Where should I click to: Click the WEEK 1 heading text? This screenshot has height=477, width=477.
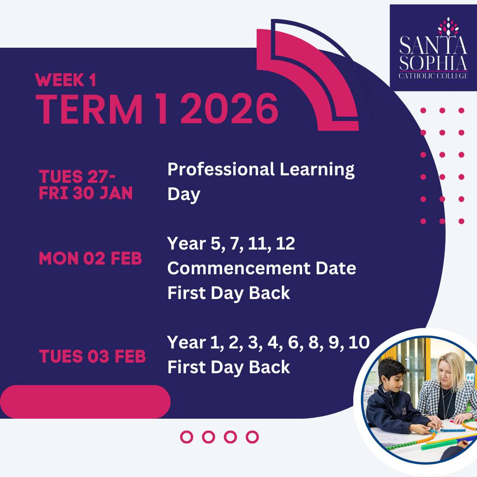pyautogui.click(x=66, y=80)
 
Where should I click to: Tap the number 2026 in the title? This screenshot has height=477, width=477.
pyautogui.click(x=229, y=109)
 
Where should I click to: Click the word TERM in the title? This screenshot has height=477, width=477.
pyautogui.click(x=89, y=109)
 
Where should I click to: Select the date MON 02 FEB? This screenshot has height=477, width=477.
pyautogui.click(x=91, y=258)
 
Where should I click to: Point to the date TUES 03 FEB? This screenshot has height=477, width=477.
pyautogui.click(x=92, y=356)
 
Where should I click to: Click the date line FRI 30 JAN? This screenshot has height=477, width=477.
pyautogui.click(x=86, y=193)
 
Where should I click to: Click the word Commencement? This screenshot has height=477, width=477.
pyautogui.click(x=238, y=268)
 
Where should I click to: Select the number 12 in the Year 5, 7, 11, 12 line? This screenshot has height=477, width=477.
pyautogui.click(x=285, y=243)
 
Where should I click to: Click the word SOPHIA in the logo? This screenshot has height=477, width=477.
pyautogui.click(x=433, y=63)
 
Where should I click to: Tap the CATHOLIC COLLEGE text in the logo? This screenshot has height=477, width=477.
pyautogui.click(x=433, y=76)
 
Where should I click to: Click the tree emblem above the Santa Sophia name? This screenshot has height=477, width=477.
pyautogui.click(x=448, y=26)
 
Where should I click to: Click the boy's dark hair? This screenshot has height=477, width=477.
pyautogui.click(x=391, y=367)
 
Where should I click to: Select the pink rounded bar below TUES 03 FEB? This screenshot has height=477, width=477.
pyautogui.click(x=85, y=401)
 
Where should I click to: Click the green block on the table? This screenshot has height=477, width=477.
pyautogui.click(x=445, y=443)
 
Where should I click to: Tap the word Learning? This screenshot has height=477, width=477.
pyautogui.click(x=317, y=170)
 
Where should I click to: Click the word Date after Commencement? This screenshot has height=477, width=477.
pyautogui.click(x=336, y=268)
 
